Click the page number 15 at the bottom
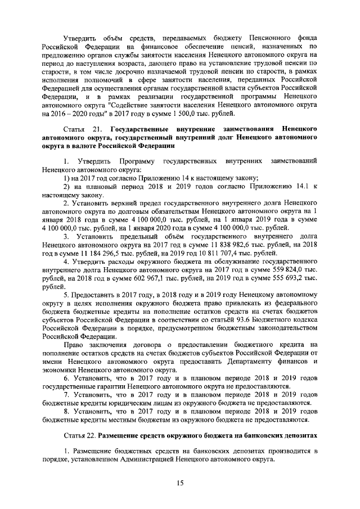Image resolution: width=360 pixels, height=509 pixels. coord(180,482)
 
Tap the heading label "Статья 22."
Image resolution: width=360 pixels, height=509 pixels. coord(79,436)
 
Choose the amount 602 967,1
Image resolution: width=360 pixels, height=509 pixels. coord(146,278)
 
